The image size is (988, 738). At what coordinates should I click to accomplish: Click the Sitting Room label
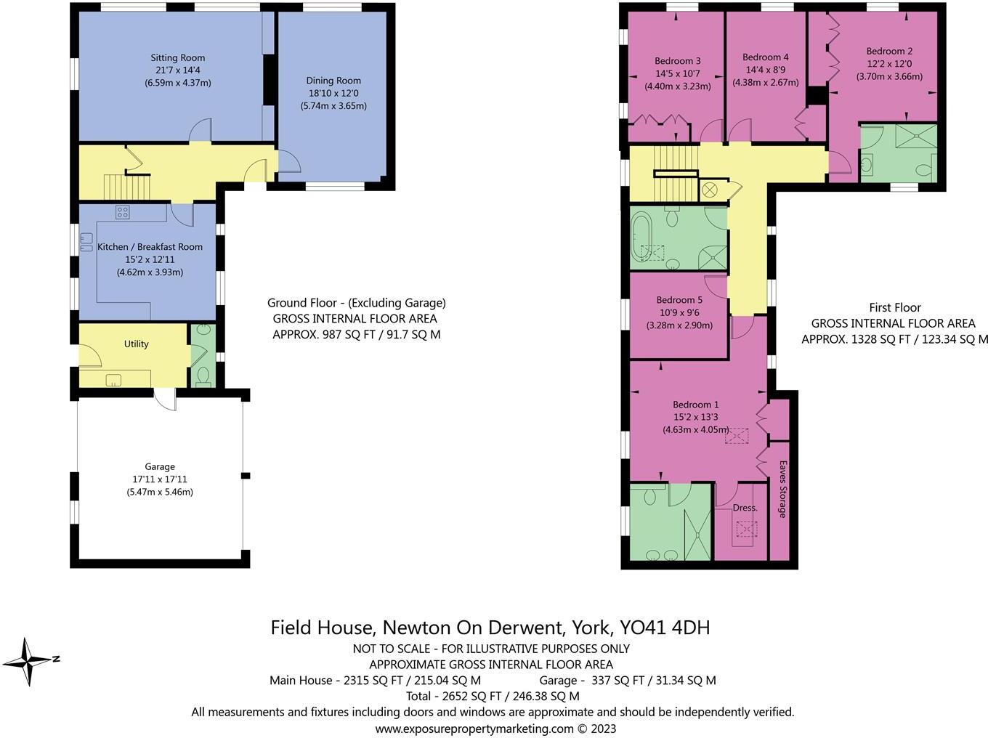pos(178,57)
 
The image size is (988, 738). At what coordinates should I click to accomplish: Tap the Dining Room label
pos(333,81)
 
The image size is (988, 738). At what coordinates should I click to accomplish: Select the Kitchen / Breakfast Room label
pos(150,247)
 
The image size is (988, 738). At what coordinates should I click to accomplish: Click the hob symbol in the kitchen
pos(122,212)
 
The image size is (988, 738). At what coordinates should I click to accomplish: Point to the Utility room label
pos(136,344)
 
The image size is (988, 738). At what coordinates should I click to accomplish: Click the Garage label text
pos(160,466)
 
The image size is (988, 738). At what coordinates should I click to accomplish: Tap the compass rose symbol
pos(28,661)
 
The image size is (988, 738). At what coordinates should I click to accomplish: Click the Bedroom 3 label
pos(677,61)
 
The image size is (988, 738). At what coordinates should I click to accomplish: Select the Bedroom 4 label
pos(765,57)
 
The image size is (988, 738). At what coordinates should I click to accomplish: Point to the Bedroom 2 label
pos(889,51)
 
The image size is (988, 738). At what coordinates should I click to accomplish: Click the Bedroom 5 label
pos(679,300)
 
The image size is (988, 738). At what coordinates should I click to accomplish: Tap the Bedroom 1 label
pos(695,405)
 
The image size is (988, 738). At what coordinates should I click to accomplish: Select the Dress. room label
pos(745,508)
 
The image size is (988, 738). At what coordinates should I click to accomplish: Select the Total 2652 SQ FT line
pos(493,696)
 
